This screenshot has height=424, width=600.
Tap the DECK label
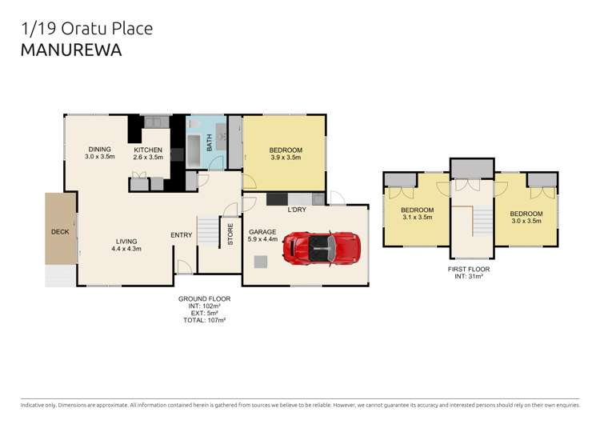(61, 231)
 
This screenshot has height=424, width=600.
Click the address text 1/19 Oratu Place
(86, 29)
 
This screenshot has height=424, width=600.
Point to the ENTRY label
(182, 234)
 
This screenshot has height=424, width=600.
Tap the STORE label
(230, 235)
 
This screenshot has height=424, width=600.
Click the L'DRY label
(297, 210)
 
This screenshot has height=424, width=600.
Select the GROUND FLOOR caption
(204, 298)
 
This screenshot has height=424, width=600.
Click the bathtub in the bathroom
(195, 150)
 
